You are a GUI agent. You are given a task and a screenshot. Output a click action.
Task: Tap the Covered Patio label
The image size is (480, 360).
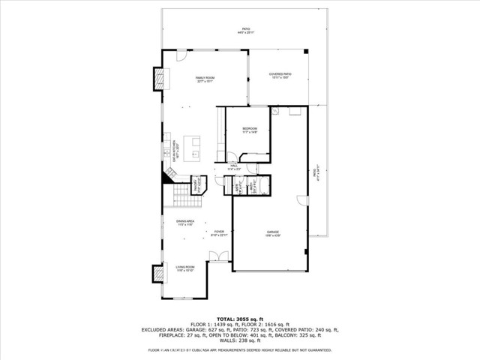[x=280, y=75]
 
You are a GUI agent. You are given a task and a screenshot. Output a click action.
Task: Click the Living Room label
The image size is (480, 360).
[x=185, y=268]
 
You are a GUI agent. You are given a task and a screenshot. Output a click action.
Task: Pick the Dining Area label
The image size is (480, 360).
[x=185, y=222]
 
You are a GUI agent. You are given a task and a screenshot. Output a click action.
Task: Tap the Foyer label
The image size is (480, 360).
[x=219, y=233]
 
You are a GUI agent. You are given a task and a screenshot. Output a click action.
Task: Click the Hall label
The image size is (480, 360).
[x=233, y=168]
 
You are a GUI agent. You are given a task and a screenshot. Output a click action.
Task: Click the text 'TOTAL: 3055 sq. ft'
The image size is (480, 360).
[x=239, y=319]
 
